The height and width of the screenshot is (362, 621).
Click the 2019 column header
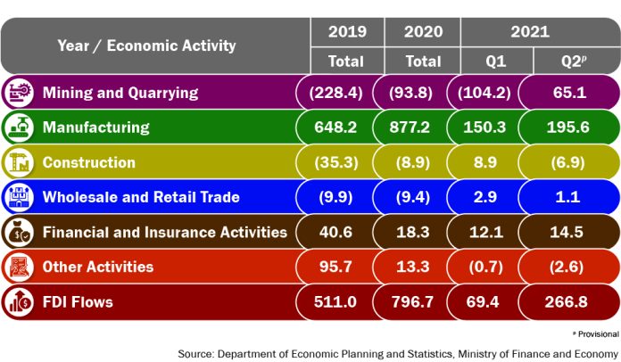[346, 32]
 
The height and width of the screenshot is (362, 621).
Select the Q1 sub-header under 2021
[496, 61]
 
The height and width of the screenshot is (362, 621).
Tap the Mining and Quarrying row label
[120, 92]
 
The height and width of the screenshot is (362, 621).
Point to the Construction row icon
[18, 161]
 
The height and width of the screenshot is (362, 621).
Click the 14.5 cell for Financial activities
[569, 232]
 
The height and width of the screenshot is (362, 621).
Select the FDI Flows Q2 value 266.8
[569, 302]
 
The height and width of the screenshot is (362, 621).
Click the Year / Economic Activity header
[146, 45]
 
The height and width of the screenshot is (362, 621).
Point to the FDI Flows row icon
[18, 301]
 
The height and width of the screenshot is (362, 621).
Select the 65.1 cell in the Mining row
[569, 92]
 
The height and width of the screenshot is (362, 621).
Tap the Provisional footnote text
[594, 333]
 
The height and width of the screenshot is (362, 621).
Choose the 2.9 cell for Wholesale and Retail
[496, 196]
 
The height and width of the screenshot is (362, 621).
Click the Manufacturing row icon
[18, 127]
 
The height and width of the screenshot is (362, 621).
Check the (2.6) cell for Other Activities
[569, 267]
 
